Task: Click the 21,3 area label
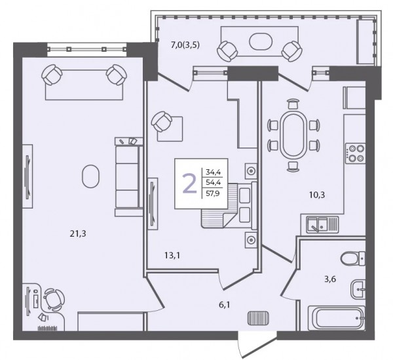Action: coord(78,234)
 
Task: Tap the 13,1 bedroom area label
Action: coord(172,256)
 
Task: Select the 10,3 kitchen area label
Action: coord(317,195)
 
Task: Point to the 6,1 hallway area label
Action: coord(225,305)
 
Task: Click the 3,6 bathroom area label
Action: coord(330,279)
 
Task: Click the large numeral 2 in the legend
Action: coord(190,184)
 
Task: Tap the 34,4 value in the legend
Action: coord(213,172)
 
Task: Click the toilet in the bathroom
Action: coord(353,258)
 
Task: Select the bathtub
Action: coord(337,318)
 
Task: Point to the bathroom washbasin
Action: coord(358,289)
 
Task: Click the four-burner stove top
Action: coord(355,153)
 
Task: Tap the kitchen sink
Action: coord(322,224)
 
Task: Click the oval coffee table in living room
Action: coord(90,176)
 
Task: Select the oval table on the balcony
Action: coord(261,41)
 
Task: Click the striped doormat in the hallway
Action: coord(259,317)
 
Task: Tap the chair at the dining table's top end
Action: coord(293,104)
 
